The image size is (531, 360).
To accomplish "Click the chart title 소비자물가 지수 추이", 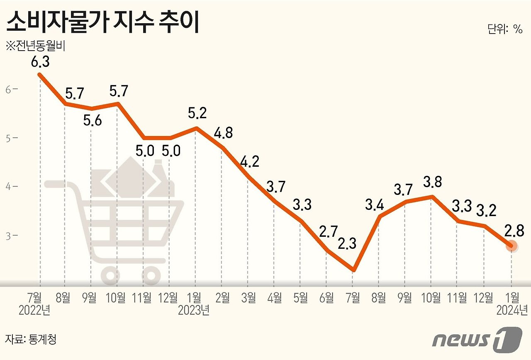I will pyautogui.click(x=103, y=23).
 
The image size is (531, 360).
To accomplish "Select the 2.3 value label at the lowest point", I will pyautogui.click(x=347, y=243).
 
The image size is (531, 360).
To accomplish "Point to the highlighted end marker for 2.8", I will pyautogui.click(x=512, y=246).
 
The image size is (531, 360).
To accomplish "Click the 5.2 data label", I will pyautogui.click(x=197, y=113).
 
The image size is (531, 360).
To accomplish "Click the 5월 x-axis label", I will pyautogui.click(x=300, y=297).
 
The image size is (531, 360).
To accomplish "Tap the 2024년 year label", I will pyautogui.click(x=512, y=311).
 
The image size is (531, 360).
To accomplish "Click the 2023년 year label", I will pyautogui.click(x=194, y=311).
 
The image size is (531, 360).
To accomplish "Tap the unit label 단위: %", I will pyautogui.click(x=504, y=29).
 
